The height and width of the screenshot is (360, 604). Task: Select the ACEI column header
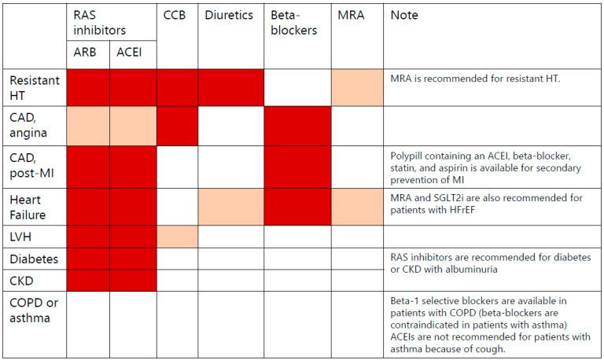pos(131,53)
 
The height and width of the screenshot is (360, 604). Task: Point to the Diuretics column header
pos(229,15)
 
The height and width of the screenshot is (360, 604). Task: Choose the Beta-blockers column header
pos(293,23)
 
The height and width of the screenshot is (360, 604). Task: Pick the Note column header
pos(403,15)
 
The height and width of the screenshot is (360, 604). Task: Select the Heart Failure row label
pos(28,208)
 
